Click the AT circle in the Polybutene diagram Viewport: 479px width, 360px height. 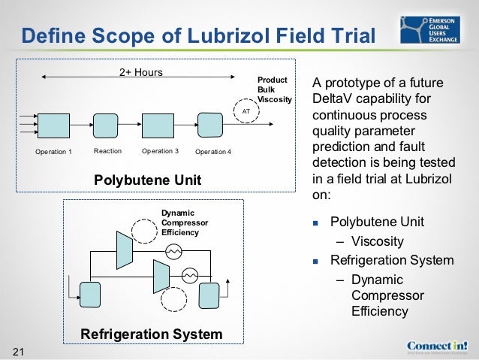tap(246, 110)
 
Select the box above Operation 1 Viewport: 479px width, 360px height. tap(53, 126)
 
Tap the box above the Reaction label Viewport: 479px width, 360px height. tap(107, 126)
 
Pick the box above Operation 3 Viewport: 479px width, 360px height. tap(158, 126)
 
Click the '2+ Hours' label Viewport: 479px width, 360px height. tap(141, 73)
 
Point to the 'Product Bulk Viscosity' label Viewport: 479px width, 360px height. tap(274, 89)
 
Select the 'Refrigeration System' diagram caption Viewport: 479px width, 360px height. tap(152, 334)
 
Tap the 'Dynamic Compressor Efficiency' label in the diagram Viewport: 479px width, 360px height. tap(185, 222)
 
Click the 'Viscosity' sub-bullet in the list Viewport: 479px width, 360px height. tap(378, 241)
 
